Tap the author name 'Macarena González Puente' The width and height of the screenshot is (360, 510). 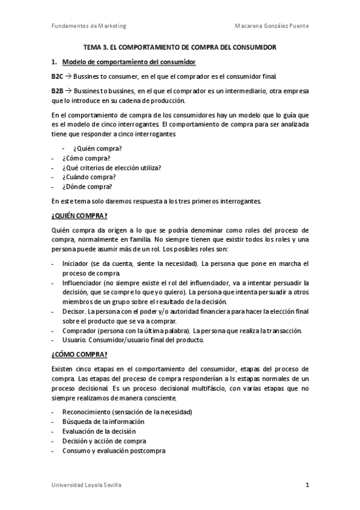pos(271,26)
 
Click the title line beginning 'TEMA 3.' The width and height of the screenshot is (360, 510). pos(180,48)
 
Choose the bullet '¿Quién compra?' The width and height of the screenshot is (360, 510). pos(97,149)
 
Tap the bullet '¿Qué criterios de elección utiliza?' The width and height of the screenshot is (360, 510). pos(111,168)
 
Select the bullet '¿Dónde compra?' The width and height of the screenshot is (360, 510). pos(87,186)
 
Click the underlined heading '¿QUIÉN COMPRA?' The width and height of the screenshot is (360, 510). pos(80,215)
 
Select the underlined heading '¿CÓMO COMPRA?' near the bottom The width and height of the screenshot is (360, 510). pos(79,354)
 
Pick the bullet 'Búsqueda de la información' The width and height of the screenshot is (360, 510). pos(103,422)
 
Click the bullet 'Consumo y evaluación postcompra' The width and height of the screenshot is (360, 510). pos(114,450)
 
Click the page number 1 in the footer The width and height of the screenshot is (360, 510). pos(307,485)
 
